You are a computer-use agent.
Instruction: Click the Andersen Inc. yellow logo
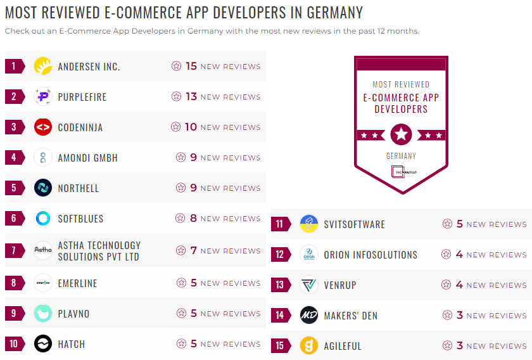point(42,66)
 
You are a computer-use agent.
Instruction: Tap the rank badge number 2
point(14,96)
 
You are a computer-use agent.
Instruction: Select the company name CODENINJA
point(80,127)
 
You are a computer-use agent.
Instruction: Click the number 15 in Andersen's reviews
point(191,66)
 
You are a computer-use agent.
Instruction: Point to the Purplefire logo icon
point(42,96)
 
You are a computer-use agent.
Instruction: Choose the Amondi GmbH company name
point(87,158)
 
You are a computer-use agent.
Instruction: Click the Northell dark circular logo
point(42,188)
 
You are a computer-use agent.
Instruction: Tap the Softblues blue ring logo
point(42,219)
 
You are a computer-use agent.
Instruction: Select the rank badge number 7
point(14,250)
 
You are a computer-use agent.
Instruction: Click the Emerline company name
point(77,283)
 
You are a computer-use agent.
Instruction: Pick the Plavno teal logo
point(42,314)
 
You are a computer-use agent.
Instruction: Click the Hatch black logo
point(42,344)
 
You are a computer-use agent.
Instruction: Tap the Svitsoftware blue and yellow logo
point(308,224)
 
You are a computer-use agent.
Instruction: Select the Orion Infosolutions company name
point(370,255)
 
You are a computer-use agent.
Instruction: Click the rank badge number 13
point(280,285)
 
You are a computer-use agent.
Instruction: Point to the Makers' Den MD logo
point(308,316)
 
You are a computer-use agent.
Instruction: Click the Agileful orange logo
point(308,346)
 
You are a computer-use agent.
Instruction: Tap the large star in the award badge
point(401,134)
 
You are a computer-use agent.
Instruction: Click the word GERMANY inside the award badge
point(401,155)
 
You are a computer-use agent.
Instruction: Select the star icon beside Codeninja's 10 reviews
point(175,127)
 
